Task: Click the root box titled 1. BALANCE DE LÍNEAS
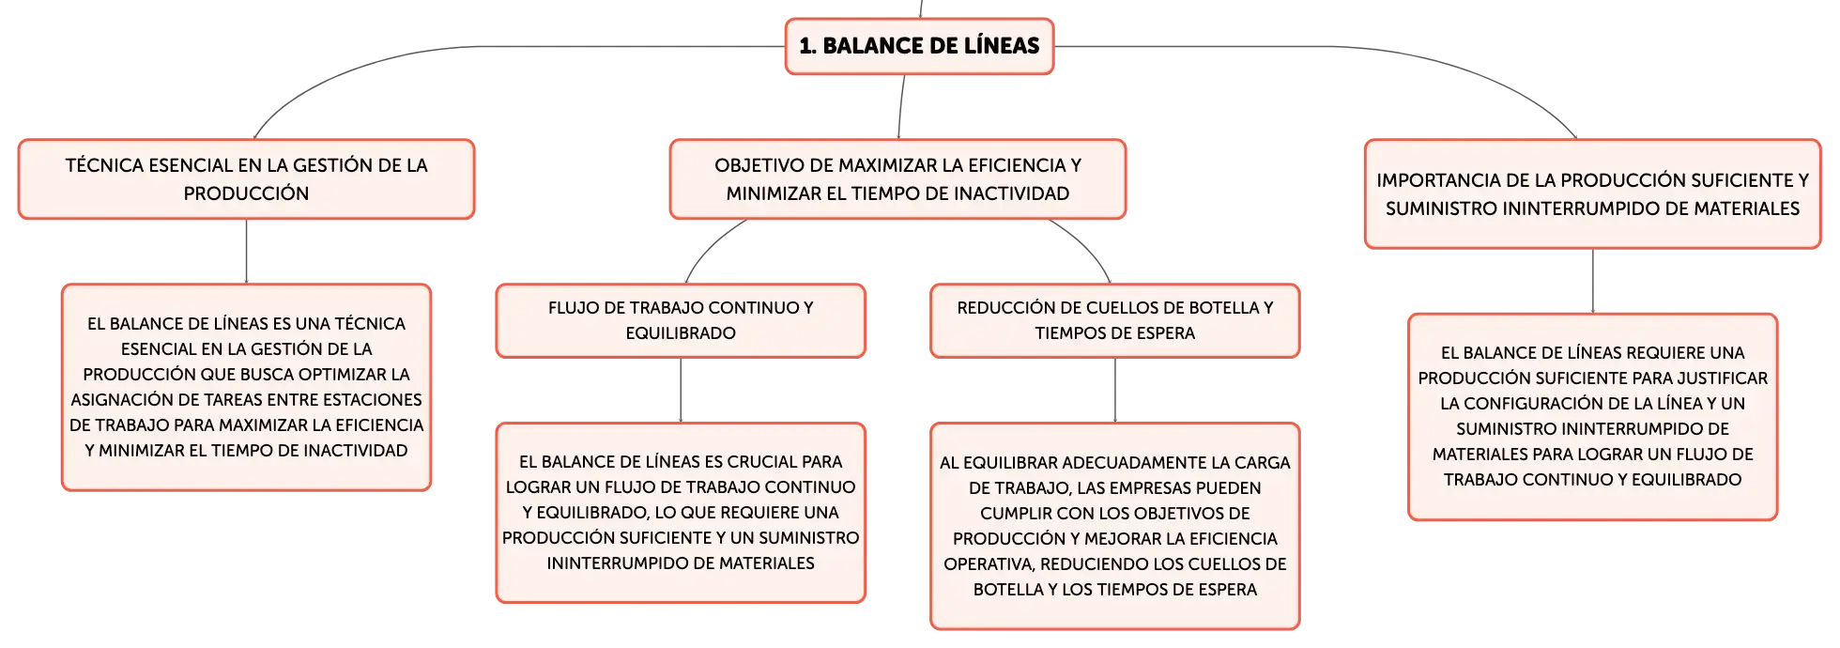[919, 46]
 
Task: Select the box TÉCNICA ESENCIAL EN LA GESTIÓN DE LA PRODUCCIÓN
[246, 179]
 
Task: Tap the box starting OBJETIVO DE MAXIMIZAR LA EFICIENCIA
[897, 179]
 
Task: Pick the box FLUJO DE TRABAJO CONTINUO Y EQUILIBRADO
[681, 320]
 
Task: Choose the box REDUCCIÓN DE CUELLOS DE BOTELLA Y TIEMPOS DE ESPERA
[1115, 320]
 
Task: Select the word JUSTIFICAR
[1721, 378]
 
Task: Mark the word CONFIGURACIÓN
[1535, 404]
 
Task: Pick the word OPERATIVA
[989, 564]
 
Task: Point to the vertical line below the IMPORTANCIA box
[1593, 281]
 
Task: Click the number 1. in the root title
[807, 46]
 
